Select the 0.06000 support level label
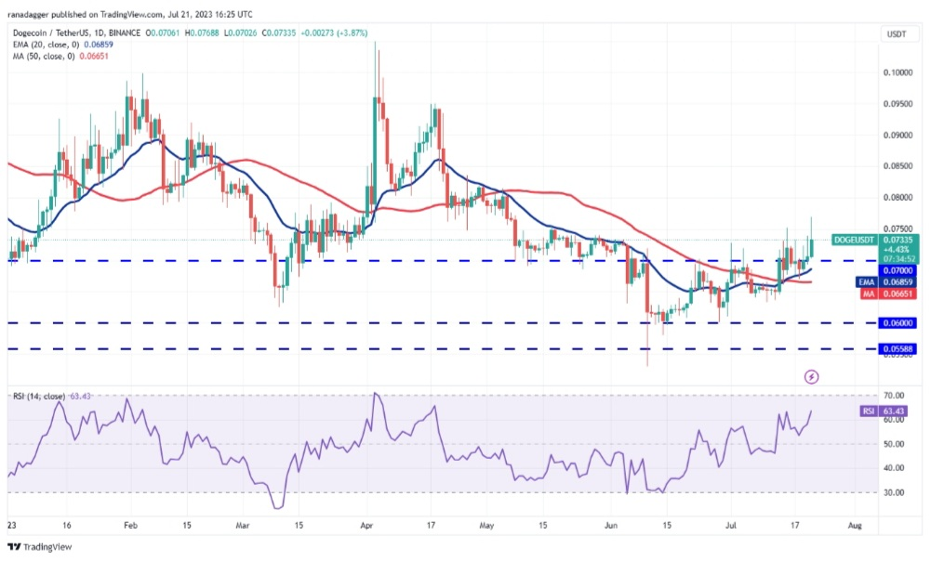(x=896, y=323)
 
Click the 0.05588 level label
(x=896, y=349)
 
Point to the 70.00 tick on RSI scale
(x=895, y=396)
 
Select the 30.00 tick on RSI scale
(x=895, y=493)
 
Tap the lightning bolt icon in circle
(x=811, y=376)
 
